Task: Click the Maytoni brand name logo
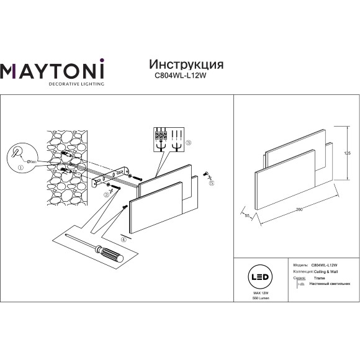pyautogui.click(x=52, y=70)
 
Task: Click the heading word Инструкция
pyautogui.click(x=187, y=65)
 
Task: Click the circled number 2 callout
pyautogui.click(x=106, y=194)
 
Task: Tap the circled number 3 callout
pyautogui.click(x=188, y=143)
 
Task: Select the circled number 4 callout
pyautogui.click(x=123, y=239)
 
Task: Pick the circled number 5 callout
pyautogui.click(x=212, y=183)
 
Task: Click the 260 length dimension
pyautogui.click(x=300, y=210)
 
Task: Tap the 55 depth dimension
pyautogui.click(x=246, y=215)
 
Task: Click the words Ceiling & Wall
pyautogui.click(x=324, y=272)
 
